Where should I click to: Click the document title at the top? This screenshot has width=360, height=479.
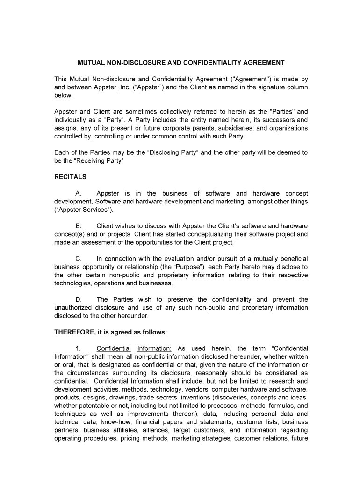tap(181, 62)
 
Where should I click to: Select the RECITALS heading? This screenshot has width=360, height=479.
tap(70, 177)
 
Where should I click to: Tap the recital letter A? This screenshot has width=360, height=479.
tap(78, 194)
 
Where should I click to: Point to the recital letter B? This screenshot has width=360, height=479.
tap(78, 226)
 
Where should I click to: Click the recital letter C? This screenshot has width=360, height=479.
tap(79, 259)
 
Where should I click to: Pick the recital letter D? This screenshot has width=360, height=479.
tap(79, 299)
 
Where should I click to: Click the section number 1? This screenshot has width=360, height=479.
tap(78, 348)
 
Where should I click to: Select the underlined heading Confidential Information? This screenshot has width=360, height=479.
tap(134, 348)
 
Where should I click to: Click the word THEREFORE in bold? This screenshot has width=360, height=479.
tap(73, 332)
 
